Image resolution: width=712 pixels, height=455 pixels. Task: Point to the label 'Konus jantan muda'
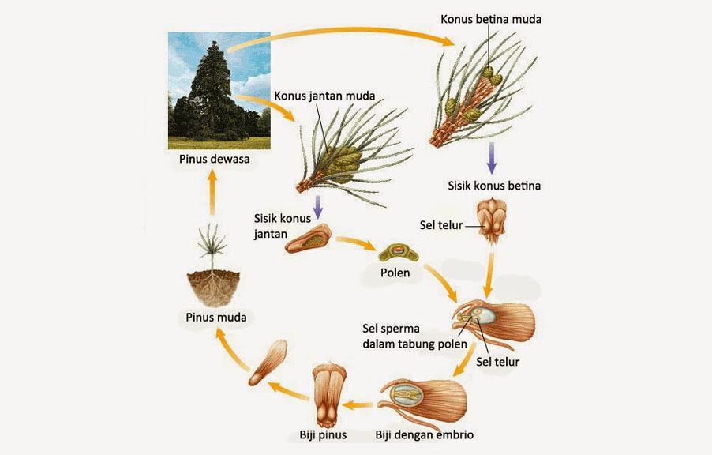point(324,96)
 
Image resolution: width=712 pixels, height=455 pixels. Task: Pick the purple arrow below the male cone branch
point(319,207)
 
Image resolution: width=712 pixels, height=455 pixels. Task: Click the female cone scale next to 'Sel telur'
point(492,224)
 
